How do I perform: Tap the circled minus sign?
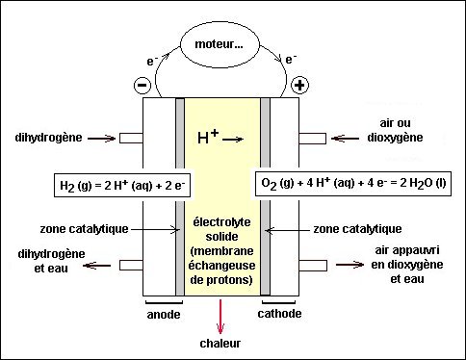point(142,85)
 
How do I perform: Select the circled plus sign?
point(299,85)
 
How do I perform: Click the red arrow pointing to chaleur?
point(220,317)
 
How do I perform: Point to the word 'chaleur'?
point(220,344)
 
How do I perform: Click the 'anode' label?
point(164,315)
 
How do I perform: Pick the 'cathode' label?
point(279,314)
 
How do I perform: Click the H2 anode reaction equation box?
point(122,186)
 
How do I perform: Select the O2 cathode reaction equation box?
point(353,183)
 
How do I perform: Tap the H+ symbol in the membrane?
point(208,137)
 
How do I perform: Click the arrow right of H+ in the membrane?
point(233,140)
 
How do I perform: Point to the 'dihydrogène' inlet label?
point(48,138)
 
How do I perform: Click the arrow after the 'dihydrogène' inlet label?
point(101,139)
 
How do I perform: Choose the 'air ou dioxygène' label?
point(395,130)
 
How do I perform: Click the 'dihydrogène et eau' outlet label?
point(51,261)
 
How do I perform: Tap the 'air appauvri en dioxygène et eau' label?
point(407,265)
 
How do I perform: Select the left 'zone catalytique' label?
point(84,229)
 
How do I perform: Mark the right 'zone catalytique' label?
point(357,229)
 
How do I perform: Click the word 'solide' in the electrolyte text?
point(221,237)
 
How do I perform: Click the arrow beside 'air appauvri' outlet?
point(349,265)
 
